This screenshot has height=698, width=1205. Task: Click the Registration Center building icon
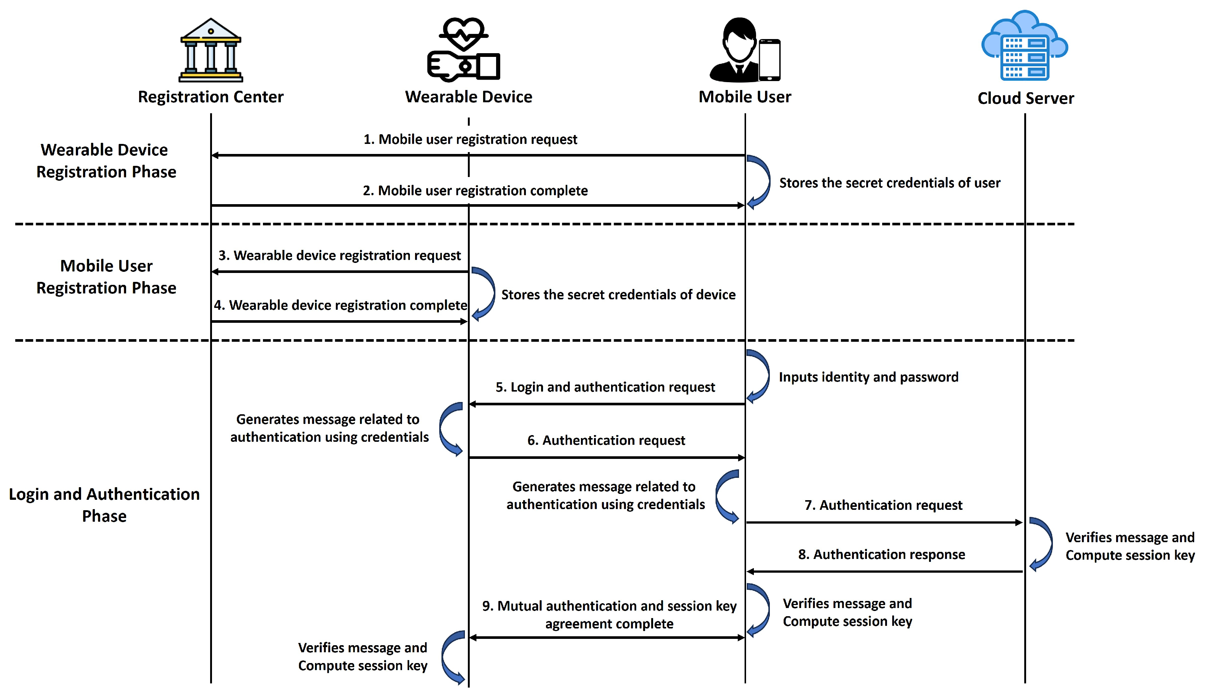[x=211, y=50]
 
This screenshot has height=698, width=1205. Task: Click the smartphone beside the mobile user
[x=769, y=60]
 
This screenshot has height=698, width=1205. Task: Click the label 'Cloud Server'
[x=1026, y=99]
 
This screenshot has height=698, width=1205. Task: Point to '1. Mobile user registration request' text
[x=470, y=139]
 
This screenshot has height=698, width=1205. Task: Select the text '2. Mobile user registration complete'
[x=475, y=190]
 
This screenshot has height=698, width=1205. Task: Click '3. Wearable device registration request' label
[x=340, y=255]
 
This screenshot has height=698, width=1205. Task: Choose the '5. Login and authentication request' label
[x=605, y=387]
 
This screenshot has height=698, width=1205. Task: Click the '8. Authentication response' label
[x=881, y=554]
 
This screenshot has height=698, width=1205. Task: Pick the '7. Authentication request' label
[x=883, y=505]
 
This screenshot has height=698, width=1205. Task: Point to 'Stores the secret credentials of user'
[x=889, y=183]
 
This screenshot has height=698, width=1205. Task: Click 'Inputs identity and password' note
[x=868, y=377]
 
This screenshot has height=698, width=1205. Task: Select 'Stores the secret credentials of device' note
[x=618, y=295]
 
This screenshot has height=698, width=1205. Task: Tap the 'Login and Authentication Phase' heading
[x=104, y=505]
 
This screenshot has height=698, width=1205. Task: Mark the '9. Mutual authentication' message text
[x=609, y=615]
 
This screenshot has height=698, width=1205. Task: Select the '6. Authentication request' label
[x=606, y=440]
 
